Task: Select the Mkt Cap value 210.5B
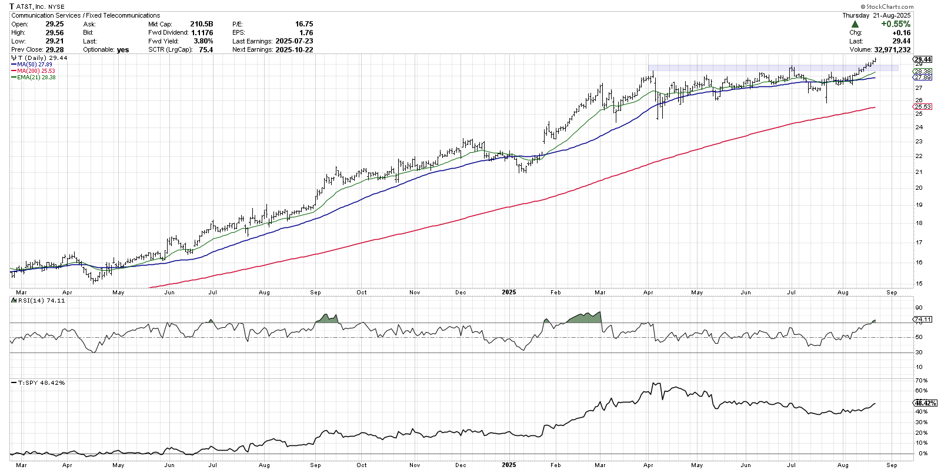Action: [x=201, y=24]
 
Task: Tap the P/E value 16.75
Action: [x=303, y=24]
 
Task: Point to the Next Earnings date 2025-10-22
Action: [x=294, y=50]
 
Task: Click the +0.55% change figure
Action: [x=895, y=24]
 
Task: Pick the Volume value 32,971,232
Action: [x=892, y=50]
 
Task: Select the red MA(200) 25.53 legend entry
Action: [x=36, y=71]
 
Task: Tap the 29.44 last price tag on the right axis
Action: [x=923, y=59]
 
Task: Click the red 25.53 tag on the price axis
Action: [x=923, y=107]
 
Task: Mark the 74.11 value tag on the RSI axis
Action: [x=923, y=320]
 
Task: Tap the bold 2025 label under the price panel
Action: [x=509, y=292]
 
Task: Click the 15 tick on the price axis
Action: [x=919, y=284]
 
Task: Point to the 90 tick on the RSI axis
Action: [x=919, y=308]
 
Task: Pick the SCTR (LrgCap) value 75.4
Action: [x=206, y=50]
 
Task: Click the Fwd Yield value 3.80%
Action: [x=203, y=41]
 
